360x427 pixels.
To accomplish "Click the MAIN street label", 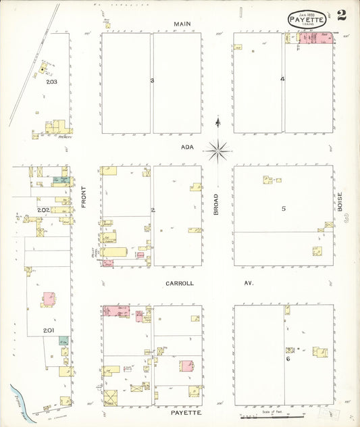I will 182,24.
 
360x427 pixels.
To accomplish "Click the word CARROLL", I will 179,283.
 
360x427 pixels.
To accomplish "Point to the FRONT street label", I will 84,195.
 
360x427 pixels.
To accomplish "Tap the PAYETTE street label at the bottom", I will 182,411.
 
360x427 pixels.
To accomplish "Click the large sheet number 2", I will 342,16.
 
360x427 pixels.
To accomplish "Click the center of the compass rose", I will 217,151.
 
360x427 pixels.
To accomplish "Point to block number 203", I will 51,82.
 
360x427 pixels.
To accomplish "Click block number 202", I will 43,210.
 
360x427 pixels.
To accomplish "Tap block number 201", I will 48,330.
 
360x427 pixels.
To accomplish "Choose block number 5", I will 284,208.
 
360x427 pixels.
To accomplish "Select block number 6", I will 288,359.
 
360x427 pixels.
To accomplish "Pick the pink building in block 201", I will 49,298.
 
